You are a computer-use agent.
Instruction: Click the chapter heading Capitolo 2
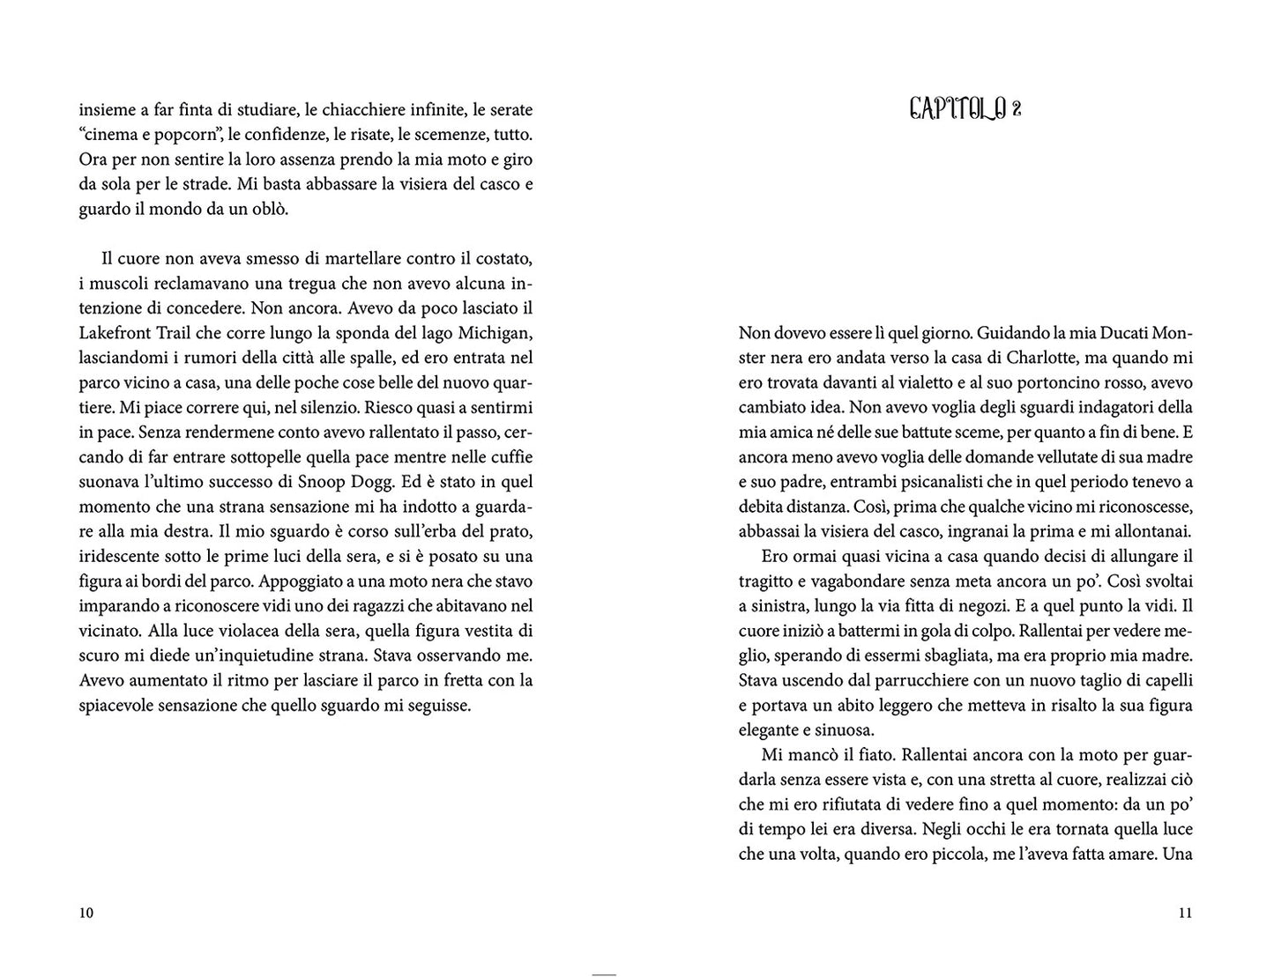coord(965,109)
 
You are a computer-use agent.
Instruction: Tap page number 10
coord(86,913)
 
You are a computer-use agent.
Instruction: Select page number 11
coord(1185,913)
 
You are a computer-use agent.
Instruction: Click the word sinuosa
coord(843,730)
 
